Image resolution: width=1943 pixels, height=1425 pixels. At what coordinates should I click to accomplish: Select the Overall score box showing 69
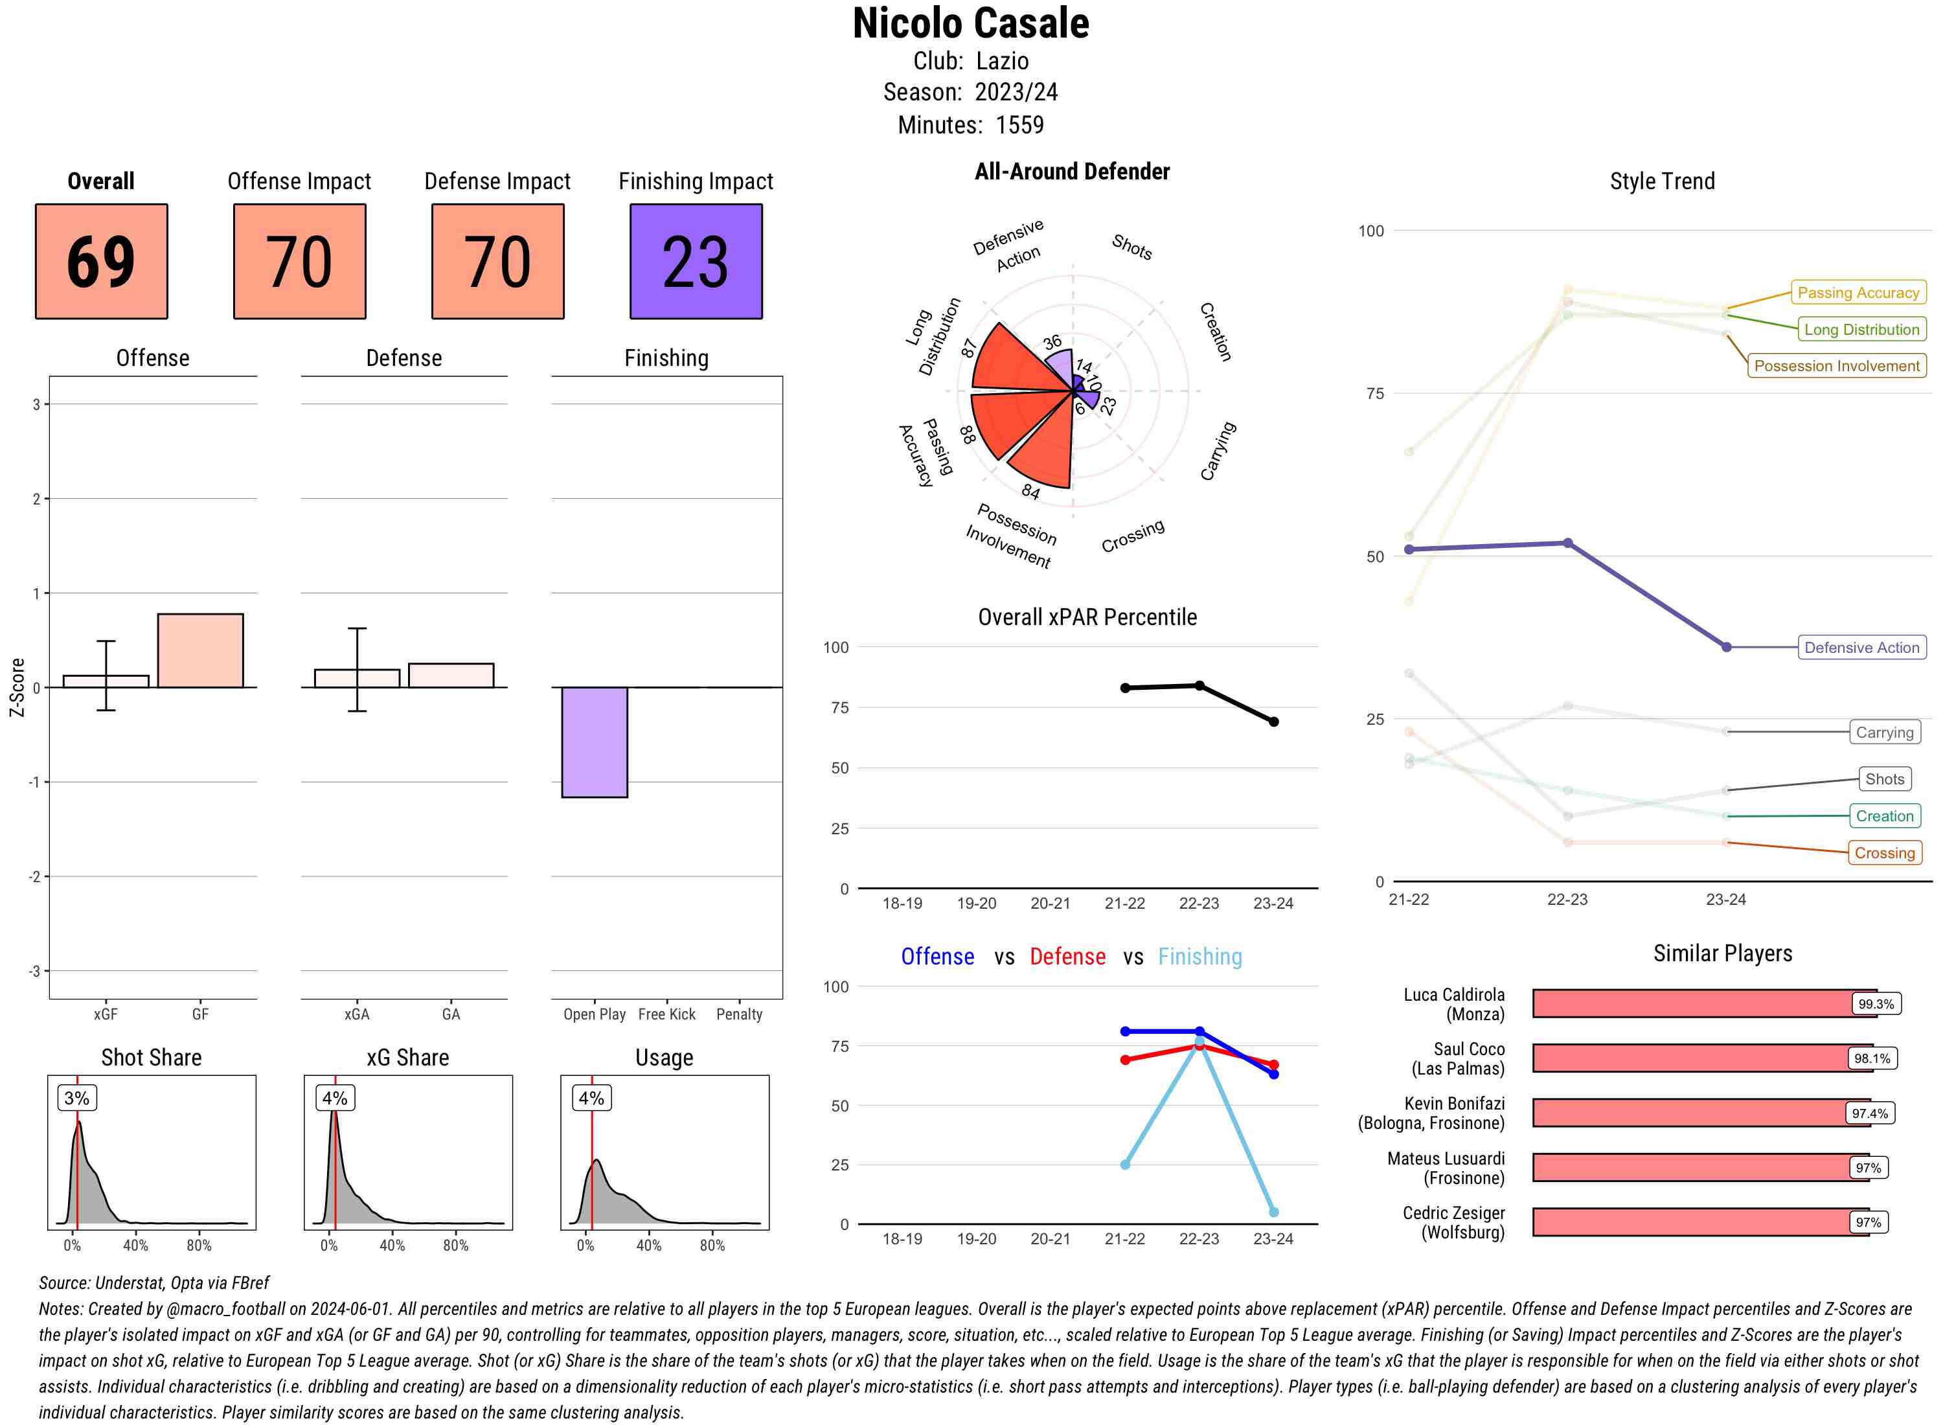[101, 262]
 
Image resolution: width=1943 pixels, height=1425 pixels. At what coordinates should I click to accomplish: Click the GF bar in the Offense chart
[200, 650]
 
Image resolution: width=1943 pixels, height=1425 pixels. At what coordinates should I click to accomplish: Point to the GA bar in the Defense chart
[451, 676]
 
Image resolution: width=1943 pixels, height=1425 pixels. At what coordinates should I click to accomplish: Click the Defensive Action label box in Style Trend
[1861, 648]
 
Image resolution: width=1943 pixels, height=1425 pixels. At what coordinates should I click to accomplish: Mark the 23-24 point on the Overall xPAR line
[1274, 722]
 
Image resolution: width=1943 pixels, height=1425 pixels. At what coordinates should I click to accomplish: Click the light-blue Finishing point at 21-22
[1124, 1165]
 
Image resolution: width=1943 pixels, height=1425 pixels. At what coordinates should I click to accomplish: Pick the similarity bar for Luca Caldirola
[1703, 1004]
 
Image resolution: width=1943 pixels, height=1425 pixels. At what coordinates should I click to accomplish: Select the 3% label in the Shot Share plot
[77, 1098]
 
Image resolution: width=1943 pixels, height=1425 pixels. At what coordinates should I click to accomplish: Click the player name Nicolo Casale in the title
[970, 23]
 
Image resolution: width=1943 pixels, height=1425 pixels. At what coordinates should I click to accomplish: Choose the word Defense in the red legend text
[1067, 957]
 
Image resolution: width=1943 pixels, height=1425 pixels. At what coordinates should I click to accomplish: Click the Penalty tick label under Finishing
[739, 1014]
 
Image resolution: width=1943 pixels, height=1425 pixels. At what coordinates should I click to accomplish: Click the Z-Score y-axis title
[16, 687]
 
